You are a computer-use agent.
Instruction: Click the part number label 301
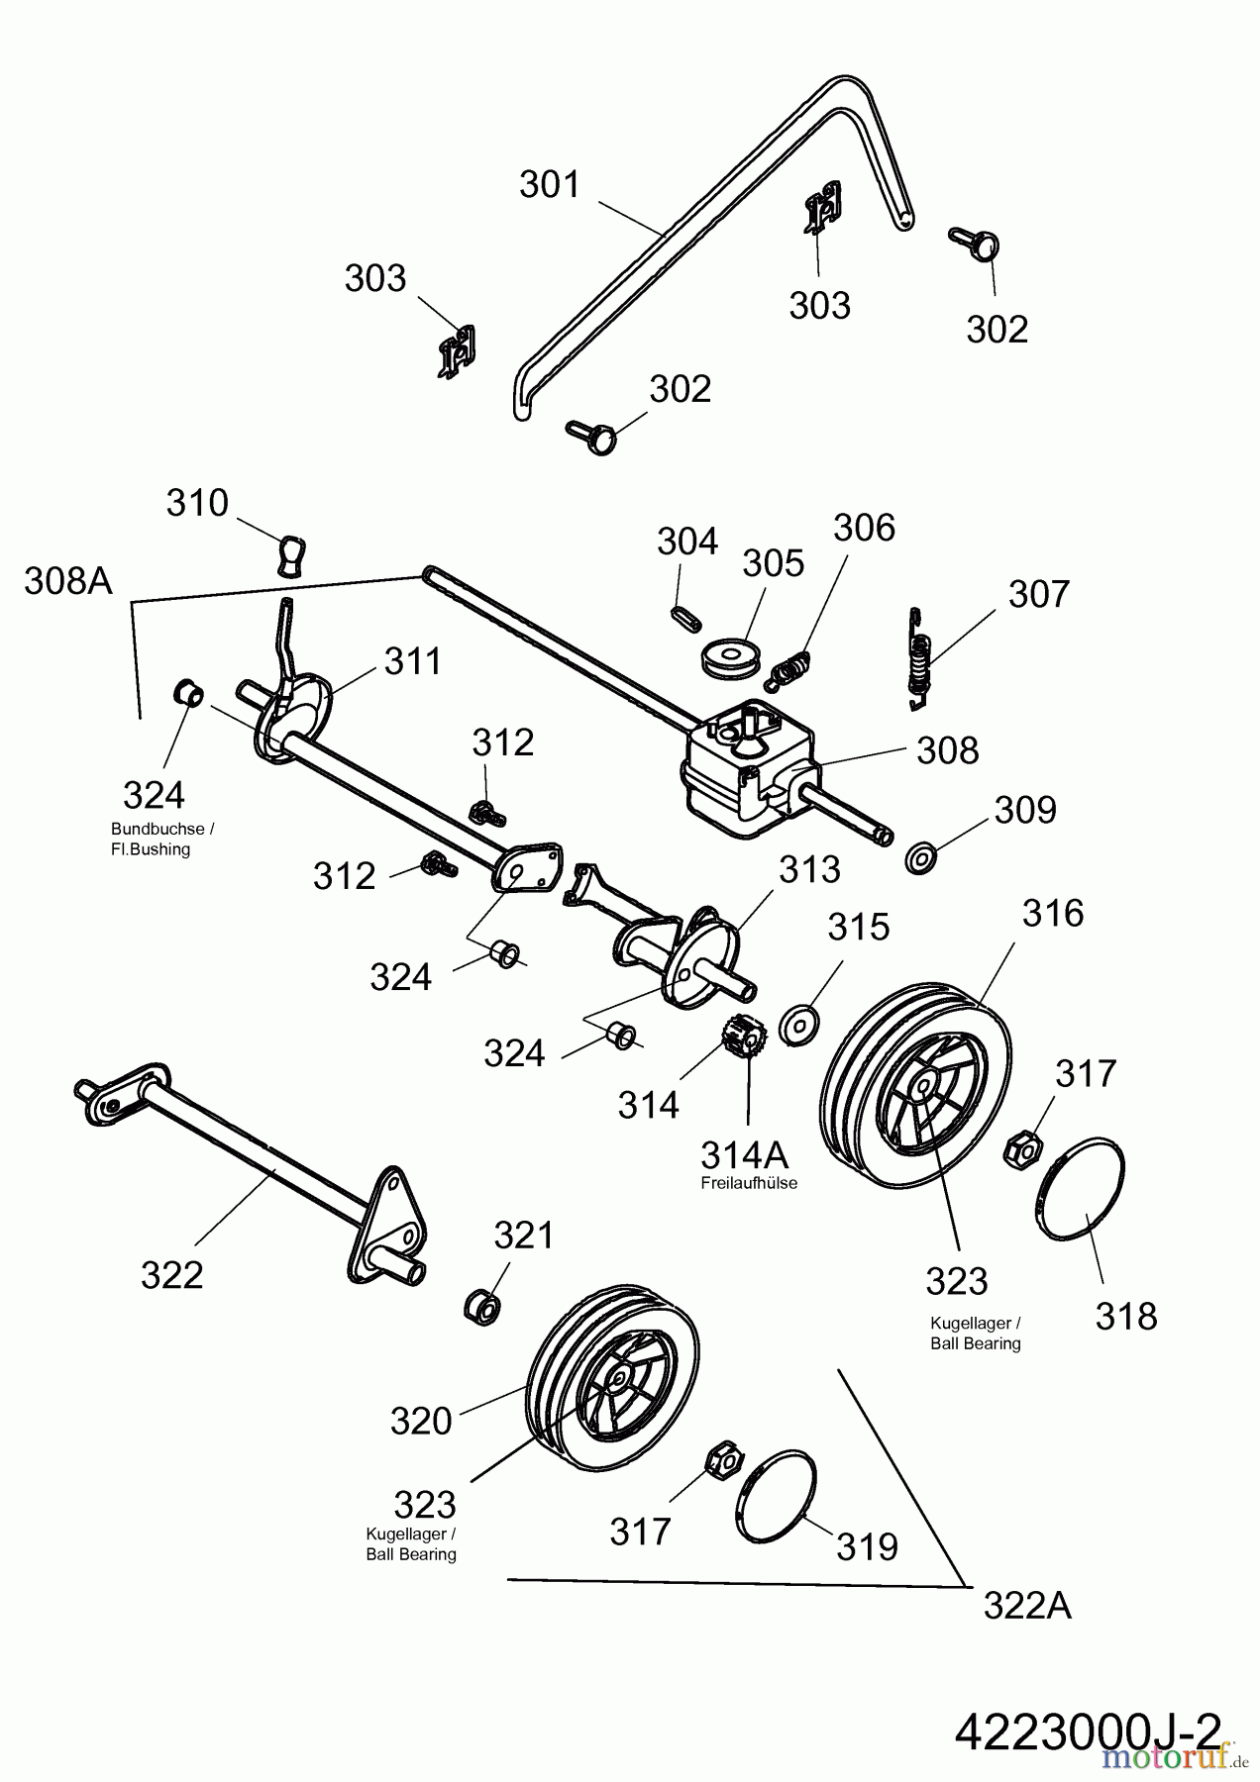[550, 185]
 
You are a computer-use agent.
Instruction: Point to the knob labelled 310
[291, 555]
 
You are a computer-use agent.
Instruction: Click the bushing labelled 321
[482, 1304]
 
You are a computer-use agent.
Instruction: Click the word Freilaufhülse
[748, 1183]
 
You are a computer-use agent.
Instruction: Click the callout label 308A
[68, 582]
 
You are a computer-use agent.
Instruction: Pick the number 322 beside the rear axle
[171, 1275]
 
